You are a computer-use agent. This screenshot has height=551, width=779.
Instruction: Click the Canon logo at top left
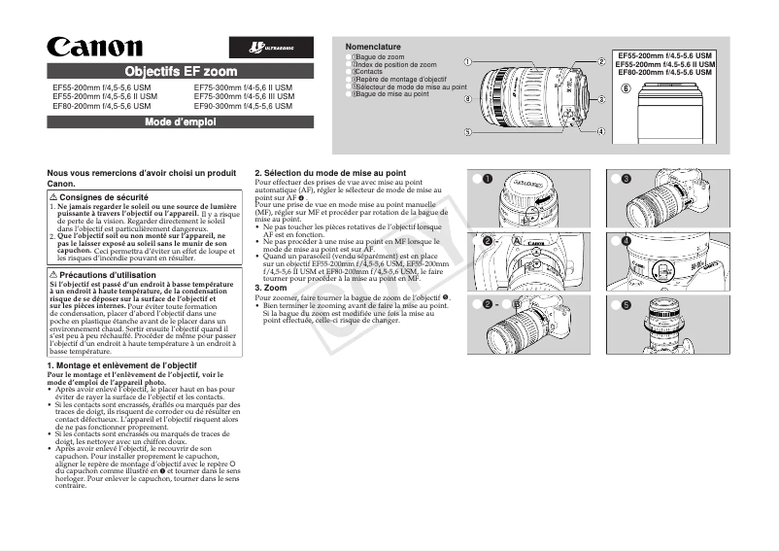pyautogui.click(x=94, y=47)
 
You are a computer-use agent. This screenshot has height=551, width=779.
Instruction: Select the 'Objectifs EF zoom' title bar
pyautogui.click(x=181, y=71)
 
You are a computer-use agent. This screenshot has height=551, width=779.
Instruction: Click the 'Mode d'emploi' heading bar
pyautogui.click(x=181, y=121)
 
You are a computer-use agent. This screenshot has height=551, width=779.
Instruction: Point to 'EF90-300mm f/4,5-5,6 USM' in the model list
pyautogui.click(x=243, y=105)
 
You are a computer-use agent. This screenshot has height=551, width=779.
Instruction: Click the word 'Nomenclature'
pyautogui.click(x=373, y=47)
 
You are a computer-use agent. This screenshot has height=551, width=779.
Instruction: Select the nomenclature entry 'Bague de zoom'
pyautogui.click(x=381, y=57)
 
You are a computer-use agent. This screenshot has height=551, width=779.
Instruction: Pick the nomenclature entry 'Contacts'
pyautogui.click(x=368, y=72)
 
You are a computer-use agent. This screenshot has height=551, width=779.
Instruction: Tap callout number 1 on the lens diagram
pyautogui.click(x=468, y=62)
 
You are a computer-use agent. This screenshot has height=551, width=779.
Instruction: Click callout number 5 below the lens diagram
pyautogui.click(x=468, y=132)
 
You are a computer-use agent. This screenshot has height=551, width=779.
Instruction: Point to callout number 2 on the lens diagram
pyautogui.click(x=601, y=62)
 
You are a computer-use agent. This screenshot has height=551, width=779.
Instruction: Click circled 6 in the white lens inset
pyautogui.click(x=626, y=89)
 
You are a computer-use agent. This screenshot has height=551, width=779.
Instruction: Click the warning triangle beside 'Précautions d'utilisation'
pyautogui.click(x=53, y=275)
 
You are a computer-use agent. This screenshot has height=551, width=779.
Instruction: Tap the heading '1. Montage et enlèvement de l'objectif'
pyautogui.click(x=122, y=364)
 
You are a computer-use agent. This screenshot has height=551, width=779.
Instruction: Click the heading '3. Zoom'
pyautogui.click(x=271, y=288)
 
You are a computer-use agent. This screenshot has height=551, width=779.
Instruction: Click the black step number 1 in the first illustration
pyautogui.click(x=488, y=179)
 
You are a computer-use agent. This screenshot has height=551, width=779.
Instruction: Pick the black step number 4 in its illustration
pyautogui.click(x=627, y=240)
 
